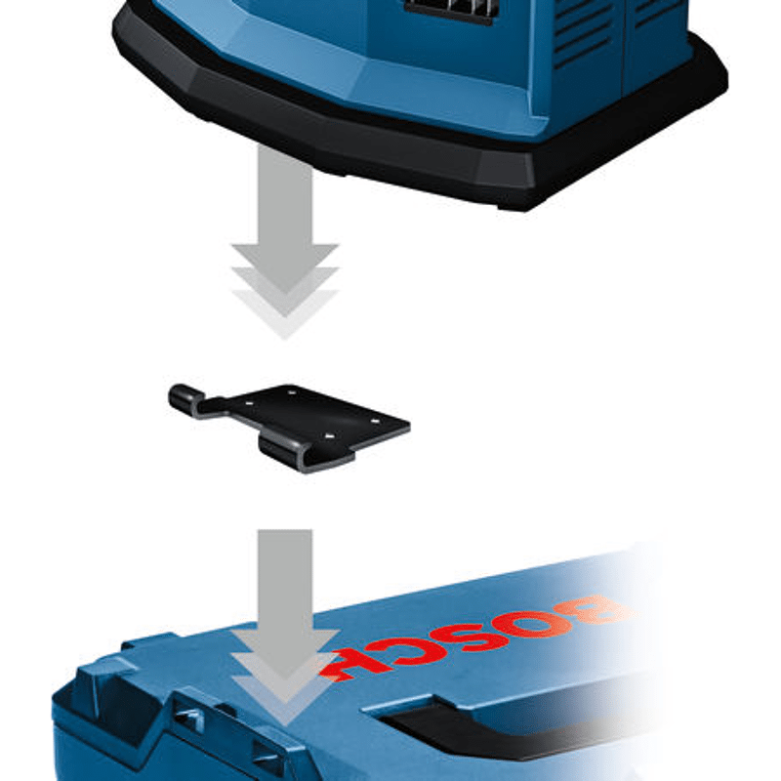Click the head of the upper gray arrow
(285, 289)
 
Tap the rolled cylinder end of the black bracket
(185, 397)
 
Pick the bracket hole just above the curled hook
(328, 436)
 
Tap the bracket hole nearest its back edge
(290, 392)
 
